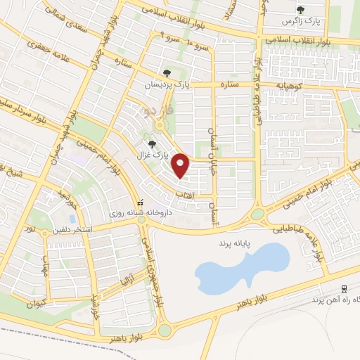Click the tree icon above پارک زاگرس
coord(301,10)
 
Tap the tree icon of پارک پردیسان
coord(167,72)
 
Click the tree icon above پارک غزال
coord(153,144)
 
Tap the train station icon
coord(344,288)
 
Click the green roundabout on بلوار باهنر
coord(165,330)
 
